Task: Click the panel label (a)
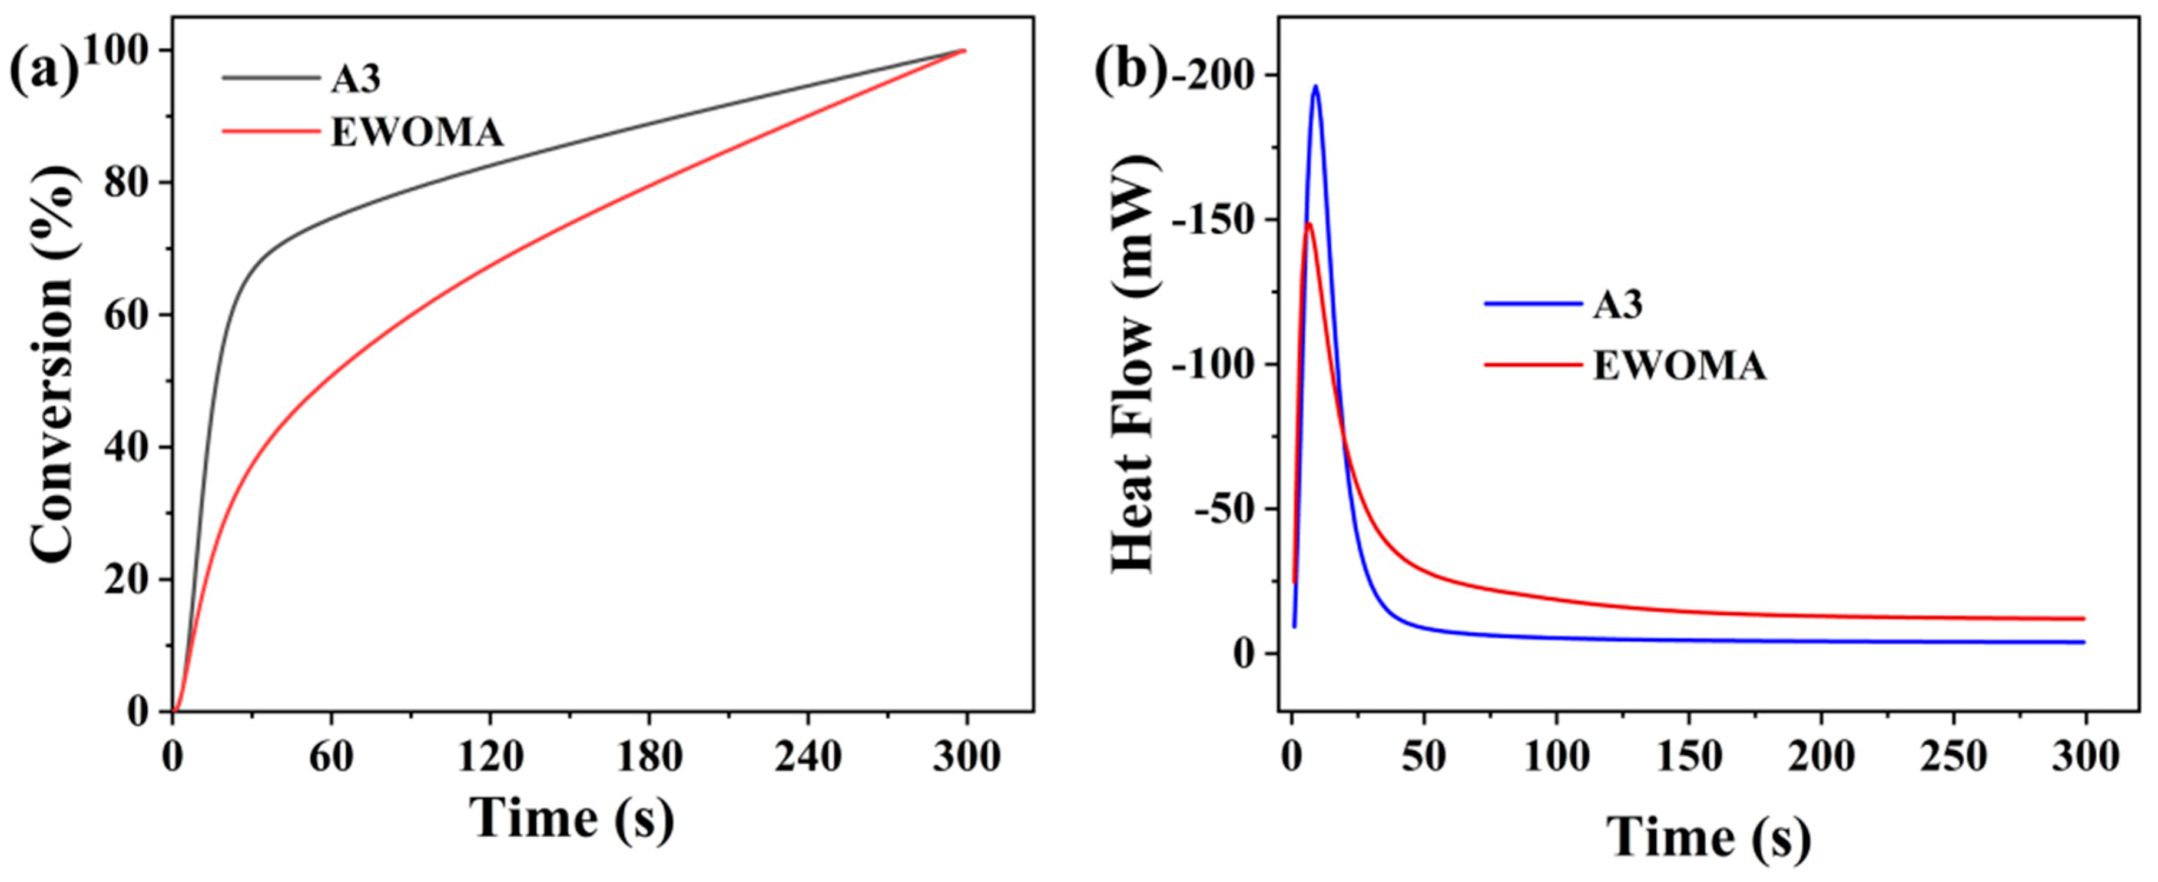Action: (44, 71)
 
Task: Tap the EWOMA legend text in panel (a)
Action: (416, 132)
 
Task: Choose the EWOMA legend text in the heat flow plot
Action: (1680, 366)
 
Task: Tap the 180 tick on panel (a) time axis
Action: (649, 757)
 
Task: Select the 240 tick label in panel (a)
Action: (808, 757)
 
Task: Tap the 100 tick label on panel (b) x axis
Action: (1556, 757)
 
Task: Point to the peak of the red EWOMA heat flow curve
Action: (1308, 224)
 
